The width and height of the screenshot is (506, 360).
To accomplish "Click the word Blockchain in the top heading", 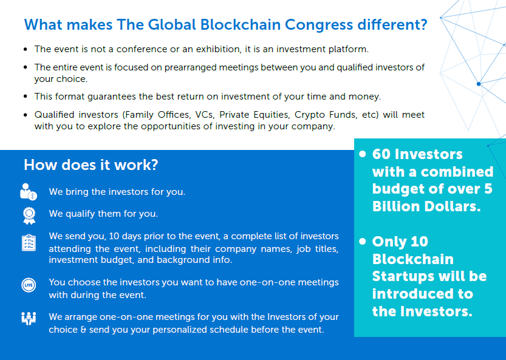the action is pyautogui.click(x=241, y=24).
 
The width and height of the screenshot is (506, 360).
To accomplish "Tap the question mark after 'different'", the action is pyautogui.click(x=424, y=24).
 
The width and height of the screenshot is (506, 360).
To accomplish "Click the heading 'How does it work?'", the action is pyautogui.click(x=91, y=165).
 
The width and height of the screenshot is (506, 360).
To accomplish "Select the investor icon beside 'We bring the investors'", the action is pyautogui.click(x=29, y=192).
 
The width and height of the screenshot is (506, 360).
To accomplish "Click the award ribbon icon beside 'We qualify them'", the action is pyautogui.click(x=29, y=216).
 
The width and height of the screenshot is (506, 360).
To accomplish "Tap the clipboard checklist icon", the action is pyautogui.click(x=29, y=243).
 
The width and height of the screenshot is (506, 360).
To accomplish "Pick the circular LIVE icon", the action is pyautogui.click(x=29, y=285).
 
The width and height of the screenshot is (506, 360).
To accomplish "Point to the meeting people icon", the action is pyautogui.click(x=29, y=318).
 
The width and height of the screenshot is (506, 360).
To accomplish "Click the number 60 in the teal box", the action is pyautogui.click(x=381, y=154).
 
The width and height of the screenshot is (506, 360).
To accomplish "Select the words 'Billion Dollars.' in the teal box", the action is pyautogui.click(x=426, y=206).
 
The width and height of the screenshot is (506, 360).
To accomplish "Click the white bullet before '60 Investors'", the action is pyautogui.click(x=363, y=154).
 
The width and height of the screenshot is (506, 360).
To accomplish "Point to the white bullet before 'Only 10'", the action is pyautogui.click(x=363, y=241).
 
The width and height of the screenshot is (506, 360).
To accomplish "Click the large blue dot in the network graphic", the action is pyautogui.click(x=479, y=84).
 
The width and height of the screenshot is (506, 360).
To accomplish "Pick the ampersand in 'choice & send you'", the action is pyautogui.click(x=83, y=330).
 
